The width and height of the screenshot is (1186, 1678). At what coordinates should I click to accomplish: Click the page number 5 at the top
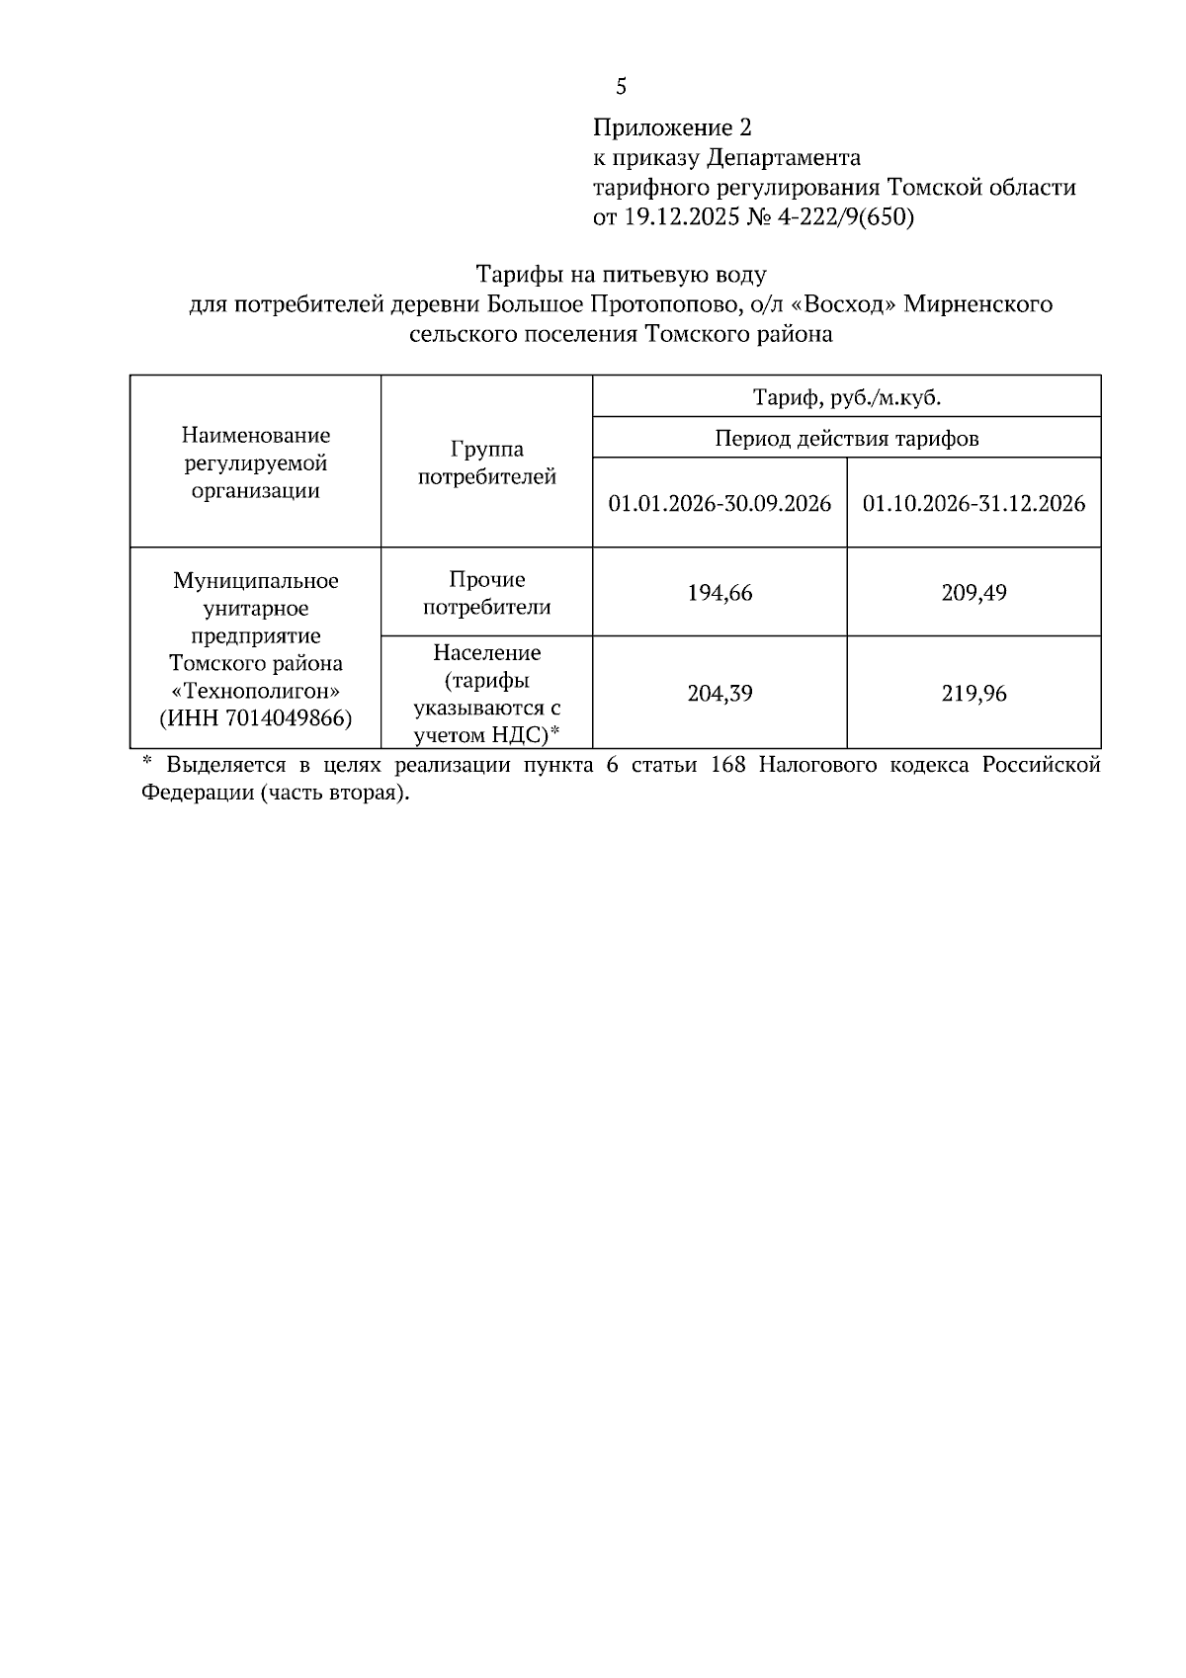(x=621, y=88)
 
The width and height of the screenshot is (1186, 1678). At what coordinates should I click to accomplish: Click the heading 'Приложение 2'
(x=672, y=127)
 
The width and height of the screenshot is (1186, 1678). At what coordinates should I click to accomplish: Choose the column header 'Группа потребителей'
(x=487, y=463)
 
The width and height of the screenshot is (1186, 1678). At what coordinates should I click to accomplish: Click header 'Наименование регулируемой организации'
(x=256, y=462)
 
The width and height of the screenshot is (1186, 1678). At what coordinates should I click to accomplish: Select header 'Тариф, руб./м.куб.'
(x=847, y=397)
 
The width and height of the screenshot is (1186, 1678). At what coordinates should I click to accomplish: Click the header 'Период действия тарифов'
(x=847, y=438)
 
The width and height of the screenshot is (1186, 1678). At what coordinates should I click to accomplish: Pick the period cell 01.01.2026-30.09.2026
(x=720, y=504)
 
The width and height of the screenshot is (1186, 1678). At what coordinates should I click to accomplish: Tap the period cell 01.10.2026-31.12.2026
(x=974, y=504)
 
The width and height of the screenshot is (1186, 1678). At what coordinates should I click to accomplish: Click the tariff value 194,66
(x=720, y=593)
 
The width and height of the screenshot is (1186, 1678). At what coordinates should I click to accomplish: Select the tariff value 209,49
(x=974, y=593)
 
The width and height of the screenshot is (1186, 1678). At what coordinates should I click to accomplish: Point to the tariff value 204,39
(x=720, y=694)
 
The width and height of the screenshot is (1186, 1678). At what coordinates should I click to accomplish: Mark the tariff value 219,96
(x=974, y=694)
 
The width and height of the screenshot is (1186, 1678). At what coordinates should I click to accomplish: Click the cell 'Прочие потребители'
(x=487, y=593)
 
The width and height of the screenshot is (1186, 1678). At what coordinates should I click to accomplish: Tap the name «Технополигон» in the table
(x=256, y=691)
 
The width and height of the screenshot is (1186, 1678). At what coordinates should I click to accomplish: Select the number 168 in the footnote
(x=728, y=766)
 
